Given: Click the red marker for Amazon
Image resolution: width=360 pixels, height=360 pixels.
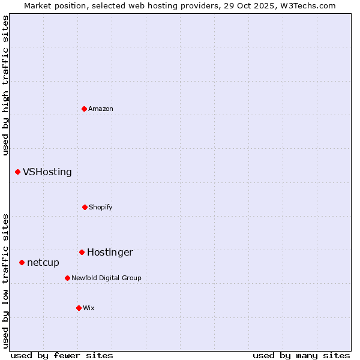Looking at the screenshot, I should pyautogui.click(x=85, y=109).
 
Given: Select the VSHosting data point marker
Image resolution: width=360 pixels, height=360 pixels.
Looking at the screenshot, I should pyautogui.click(x=18, y=172).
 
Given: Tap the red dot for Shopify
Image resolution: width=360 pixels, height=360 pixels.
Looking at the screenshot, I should pyautogui.click(x=85, y=207).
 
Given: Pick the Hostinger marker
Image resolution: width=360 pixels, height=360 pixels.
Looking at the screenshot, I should pyautogui.click(x=82, y=252).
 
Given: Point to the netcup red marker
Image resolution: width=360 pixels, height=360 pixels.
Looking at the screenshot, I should pyautogui.click(x=22, y=262).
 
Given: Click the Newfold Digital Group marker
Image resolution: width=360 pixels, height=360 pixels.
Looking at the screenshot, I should pyautogui.click(x=67, y=278).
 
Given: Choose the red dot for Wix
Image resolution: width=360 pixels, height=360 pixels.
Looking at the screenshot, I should pyautogui.click(x=79, y=308).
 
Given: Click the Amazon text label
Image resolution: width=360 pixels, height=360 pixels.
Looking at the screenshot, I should pyautogui.click(x=101, y=109).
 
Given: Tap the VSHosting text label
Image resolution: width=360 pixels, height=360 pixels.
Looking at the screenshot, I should pyautogui.click(x=47, y=172).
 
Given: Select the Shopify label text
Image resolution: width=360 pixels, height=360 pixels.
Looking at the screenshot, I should pyautogui.click(x=101, y=207).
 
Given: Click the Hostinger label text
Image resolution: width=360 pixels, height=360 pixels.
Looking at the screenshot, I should pyautogui.click(x=110, y=252).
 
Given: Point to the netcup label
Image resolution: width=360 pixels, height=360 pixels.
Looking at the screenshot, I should pyautogui.click(x=43, y=262).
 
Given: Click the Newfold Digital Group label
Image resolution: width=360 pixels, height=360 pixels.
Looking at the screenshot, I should pyautogui.click(x=106, y=278).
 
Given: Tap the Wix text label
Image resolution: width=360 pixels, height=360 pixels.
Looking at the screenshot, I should pyautogui.click(x=89, y=308).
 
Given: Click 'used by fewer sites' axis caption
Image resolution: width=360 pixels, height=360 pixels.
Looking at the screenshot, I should pyautogui.click(x=62, y=355).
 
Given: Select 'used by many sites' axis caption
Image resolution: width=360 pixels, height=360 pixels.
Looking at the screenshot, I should pyautogui.click(x=301, y=355).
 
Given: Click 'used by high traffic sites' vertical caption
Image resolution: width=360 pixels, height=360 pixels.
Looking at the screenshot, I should pyautogui.click(x=5, y=85).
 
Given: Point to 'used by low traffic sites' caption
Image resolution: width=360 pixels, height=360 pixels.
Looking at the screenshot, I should pyautogui.click(x=5, y=281).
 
